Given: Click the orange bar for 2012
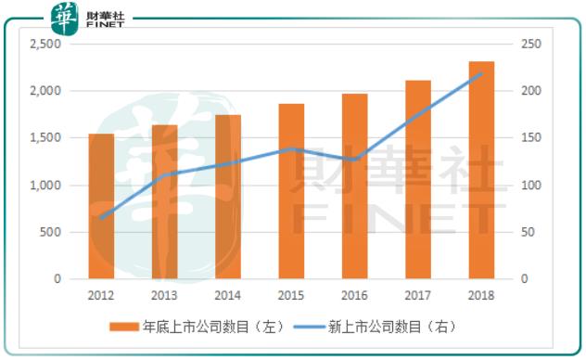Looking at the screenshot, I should [x=102, y=206].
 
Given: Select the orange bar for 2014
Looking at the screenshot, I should [x=228, y=197].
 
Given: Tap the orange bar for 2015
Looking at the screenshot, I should [x=291, y=191].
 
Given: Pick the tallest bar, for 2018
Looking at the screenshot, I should [x=481, y=170].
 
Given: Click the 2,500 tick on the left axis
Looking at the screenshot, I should [x=45, y=45].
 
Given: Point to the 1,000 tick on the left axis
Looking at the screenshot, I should [x=45, y=186].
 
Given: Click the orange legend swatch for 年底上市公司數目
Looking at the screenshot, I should [x=124, y=327].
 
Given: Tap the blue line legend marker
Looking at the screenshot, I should [x=309, y=327].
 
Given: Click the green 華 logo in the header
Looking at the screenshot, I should [x=65, y=17].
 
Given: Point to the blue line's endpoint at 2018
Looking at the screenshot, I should [x=481, y=73].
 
